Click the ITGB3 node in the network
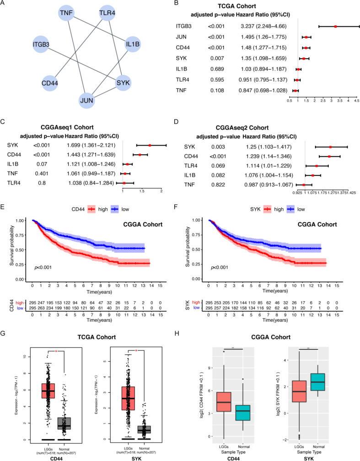41,45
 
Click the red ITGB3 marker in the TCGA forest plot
335,27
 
